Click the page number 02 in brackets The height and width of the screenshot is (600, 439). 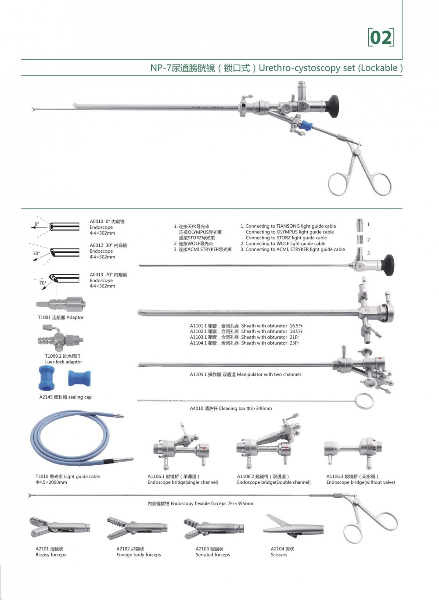[381, 37]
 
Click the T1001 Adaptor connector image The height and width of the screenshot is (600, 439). [61, 304]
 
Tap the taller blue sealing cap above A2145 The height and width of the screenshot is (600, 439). [47, 378]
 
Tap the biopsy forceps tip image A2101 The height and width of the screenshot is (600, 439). [59, 527]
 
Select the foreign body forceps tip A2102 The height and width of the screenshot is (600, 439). [137, 528]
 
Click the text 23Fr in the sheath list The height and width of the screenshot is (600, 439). [295, 343]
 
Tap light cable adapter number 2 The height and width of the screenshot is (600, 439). [360, 239]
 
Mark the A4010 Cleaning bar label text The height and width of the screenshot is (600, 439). [230, 409]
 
